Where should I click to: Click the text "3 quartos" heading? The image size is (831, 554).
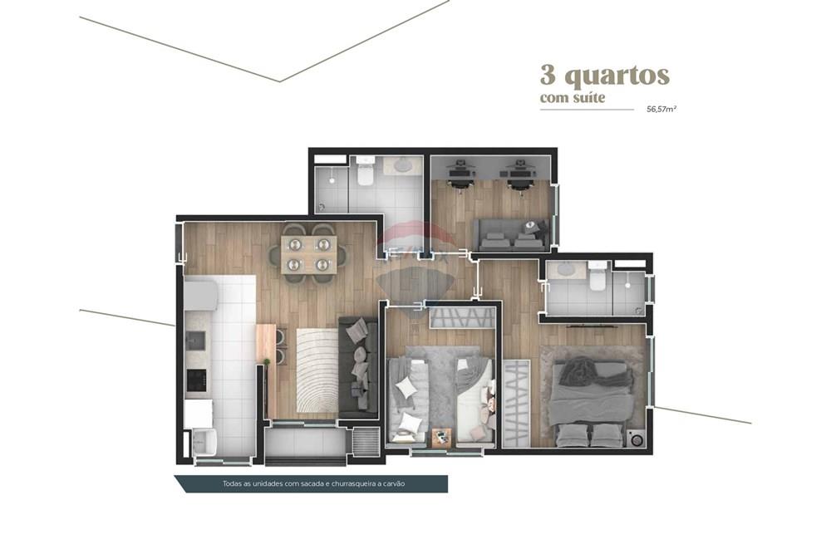(604, 76)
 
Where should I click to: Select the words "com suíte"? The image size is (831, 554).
(573, 99)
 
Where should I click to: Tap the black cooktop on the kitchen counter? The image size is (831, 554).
(195, 380)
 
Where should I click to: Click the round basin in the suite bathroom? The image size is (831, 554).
(568, 268)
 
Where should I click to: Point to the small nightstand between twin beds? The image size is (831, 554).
(441, 434)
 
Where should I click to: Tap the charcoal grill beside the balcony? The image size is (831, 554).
(365, 441)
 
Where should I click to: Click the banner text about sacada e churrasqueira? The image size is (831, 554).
(312, 483)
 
